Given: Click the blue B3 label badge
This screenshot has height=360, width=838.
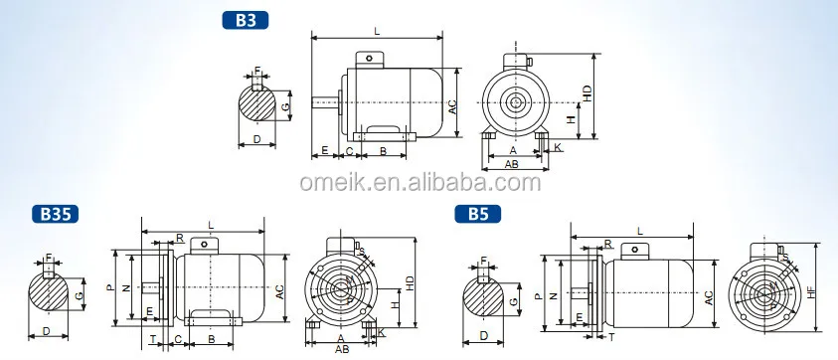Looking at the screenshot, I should coord(244,20).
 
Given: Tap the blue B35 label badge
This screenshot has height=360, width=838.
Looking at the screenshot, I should coord(56,214).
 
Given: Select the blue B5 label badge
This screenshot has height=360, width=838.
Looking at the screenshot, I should coord(477,214).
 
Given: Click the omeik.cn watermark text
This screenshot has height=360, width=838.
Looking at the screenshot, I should coord(420,183).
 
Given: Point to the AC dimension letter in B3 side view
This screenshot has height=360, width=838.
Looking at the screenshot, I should coord(452,108).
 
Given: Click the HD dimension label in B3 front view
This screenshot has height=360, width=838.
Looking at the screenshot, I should coord(587,95).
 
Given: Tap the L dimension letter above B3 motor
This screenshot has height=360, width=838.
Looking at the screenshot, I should coord(378,32).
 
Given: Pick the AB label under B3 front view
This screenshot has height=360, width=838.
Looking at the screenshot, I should coord(512,164).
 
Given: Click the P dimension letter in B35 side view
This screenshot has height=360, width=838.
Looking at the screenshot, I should coord(110,287).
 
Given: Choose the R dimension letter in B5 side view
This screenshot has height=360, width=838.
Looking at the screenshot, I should coord(607,243).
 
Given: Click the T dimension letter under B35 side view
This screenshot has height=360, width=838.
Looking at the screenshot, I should coord(151,340).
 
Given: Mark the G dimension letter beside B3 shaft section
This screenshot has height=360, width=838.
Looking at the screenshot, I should coord(285,106).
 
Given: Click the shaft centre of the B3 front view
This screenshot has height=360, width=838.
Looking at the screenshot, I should coord(515,102).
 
